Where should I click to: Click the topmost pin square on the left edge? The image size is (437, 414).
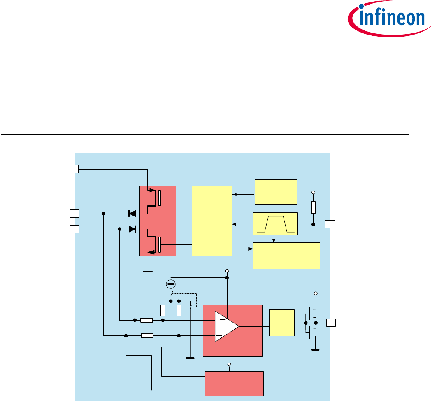pyautogui.click(x=73, y=169)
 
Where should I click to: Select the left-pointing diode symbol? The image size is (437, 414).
pyautogui.click(x=132, y=213)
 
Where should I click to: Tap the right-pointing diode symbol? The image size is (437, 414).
pyautogui.click(x=132, y=229)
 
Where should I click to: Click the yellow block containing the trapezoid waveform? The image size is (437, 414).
pyautogui.click(x=274, y=224)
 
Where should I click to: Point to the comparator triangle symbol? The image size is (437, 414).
pyautogui.click(x=226, y=326)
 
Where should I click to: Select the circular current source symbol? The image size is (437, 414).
pyautogui.click(x=171, y=284)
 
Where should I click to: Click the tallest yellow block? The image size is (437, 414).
pyautogui.click(x=212, y=221)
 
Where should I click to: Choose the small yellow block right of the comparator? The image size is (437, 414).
pyautogui.click(x=281, y=323)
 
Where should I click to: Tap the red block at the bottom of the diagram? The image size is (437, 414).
pyautogui.click(x=234, y=383)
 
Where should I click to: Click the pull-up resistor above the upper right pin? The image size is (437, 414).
pyautogui.click(x=313, y=207)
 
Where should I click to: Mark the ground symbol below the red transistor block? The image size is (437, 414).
pyautogui.click(x=147, y=272)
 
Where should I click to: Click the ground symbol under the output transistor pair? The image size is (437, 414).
pyautogui.click(x=316, y=349)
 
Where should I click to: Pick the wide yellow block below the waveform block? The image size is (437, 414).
pyautogui.click(x=286, y=256)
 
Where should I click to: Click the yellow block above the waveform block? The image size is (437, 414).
pyautogui.click(x=276, y=192)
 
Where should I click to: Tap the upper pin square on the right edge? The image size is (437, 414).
pyautogui.click(x=330, y=224)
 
